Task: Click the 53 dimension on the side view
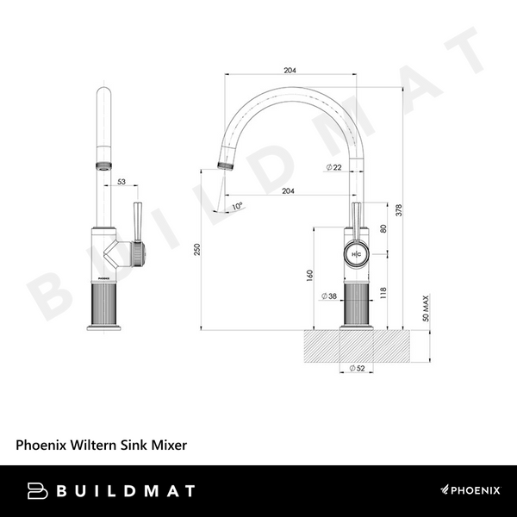tap(121, 182)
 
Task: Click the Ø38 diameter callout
tap(328, 296)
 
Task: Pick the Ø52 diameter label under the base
tap(355, 368)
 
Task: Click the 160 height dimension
tap(308, 276)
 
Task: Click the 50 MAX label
tap(426, 308)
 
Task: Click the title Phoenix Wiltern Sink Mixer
tap(101, 445)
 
